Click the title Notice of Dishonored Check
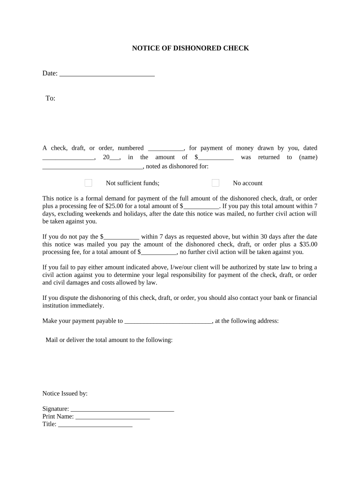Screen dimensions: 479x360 pyautogui.click(x=190, y=48)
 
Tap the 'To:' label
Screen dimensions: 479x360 pyautogui.click(x=50, y=98)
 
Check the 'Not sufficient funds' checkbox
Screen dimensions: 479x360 pyautogui.click(x=88, y=183)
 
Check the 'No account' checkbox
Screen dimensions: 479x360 pyautogui.click(x=216, y=183)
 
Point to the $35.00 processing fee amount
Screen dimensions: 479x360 pyautogui.click(x=308, y=244)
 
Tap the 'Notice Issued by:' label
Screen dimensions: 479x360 pyautogui.click(x=65, y=394)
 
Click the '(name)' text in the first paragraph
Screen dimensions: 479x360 pyautogui.click(x=308, y=157)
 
